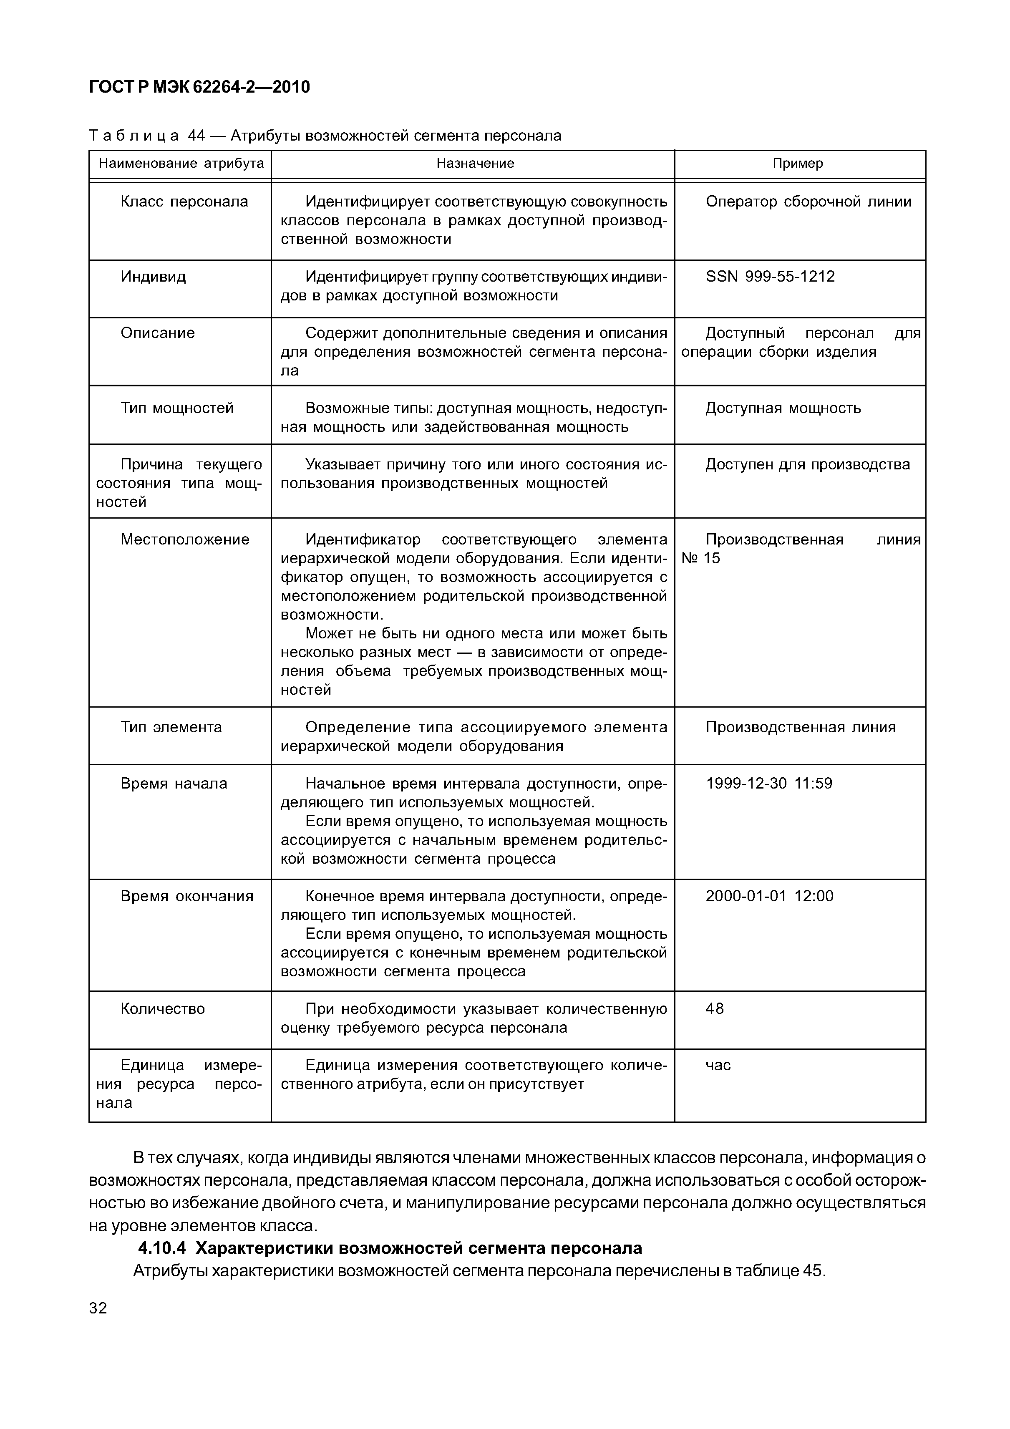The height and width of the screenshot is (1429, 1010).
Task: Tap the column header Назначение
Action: coord(475,164)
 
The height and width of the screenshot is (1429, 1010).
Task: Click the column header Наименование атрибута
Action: coord(181,164)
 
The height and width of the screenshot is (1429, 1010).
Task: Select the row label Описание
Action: coord(157,333)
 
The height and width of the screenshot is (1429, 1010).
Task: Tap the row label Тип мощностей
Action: coord(177,408)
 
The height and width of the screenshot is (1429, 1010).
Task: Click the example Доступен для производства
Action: coord(807,464)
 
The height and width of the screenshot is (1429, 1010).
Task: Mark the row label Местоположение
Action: coord(185,539)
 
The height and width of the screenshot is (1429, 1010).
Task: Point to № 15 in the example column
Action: coord(701,558)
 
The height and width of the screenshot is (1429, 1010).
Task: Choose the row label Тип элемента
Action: coord(171,728)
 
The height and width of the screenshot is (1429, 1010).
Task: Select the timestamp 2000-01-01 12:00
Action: coord(769,896)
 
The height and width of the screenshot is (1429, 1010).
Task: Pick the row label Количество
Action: coord(162,1009)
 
